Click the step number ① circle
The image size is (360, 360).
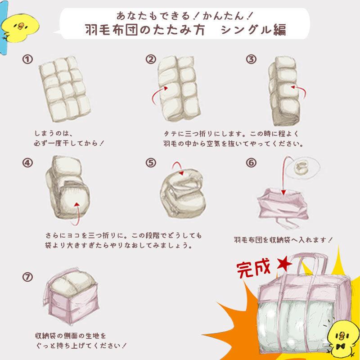pyautogui.click(x=28, y=59)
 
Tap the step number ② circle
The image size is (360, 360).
pyautogui.click(x=150, y=59)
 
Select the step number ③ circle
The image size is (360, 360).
pyautogui.click(x=251, y=59)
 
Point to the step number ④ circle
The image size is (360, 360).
pyautogui.click(x=28, y=163)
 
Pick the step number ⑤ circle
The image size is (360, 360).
pyautogui.click(x=150, y=163)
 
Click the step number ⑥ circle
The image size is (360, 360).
pyautogui.click(x=251, y=163)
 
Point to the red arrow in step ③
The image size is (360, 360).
pyautogui.click(x=298, y=89)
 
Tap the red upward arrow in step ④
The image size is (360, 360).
pyautogui.click(x=77, y=214)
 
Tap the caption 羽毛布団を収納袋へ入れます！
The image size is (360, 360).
pyautogui.click(x=283, y=239)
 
